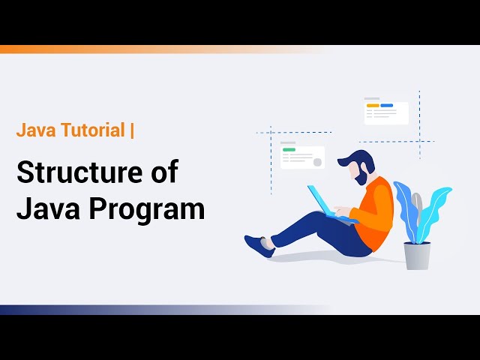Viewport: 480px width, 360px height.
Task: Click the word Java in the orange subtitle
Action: point(34,130)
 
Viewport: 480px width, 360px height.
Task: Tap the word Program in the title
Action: point(147,208)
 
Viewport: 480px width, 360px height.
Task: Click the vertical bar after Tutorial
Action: point(133,130)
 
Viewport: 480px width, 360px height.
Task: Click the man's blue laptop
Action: point(320,199)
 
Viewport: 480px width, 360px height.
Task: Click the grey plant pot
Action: point(417,255)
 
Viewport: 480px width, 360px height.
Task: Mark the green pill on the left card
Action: point(289,150)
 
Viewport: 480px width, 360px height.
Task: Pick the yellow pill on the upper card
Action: point(372,106)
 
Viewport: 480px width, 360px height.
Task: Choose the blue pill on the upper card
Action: point(387,106)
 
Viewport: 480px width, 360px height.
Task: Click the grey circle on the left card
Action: point(317,161)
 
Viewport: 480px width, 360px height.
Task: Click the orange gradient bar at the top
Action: point(112,49)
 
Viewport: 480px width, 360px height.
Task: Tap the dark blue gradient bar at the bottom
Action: point(112,310)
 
